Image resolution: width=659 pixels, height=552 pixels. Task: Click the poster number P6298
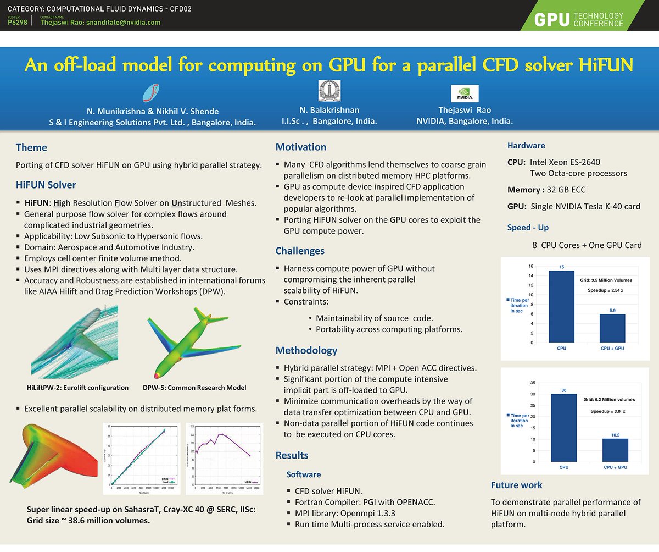[x=17, y=23]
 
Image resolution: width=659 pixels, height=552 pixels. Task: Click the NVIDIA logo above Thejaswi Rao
[x=464, y=93]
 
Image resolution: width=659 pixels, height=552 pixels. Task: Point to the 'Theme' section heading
[x=31, y=147]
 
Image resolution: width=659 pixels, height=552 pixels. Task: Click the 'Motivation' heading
[x=300, y=147]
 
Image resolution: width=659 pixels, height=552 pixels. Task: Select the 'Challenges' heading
[x=300, y=251]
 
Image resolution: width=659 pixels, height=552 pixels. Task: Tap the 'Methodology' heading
[x=306, y=350]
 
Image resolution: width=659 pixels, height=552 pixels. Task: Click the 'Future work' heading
[x=516, y=485]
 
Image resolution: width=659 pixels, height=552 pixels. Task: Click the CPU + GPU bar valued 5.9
[x=612, y=328]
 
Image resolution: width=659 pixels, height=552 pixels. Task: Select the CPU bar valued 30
[x=563, y=428]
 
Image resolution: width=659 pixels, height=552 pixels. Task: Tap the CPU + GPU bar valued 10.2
[x=615, y=450]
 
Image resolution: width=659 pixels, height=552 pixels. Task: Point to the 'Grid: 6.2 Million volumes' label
[x=609, y=400]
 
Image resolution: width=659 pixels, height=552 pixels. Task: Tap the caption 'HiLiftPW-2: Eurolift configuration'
[x=77, y=388]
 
